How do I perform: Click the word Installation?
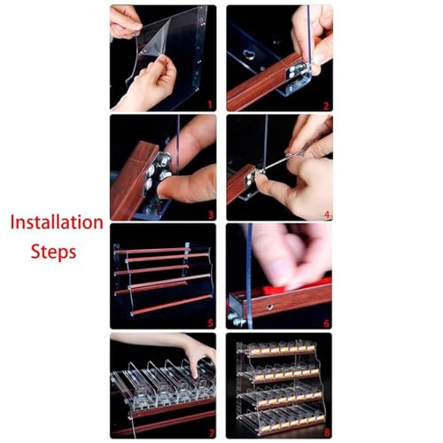[x=57, y=222]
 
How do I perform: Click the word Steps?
[x=54, y=252]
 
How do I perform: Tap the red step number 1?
[x=210, y=105]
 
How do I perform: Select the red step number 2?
[x=326, y=105]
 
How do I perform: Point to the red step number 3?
[x=210, y=214]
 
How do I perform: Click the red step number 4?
[x=327, y=214]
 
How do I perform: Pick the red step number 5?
[x=210, y=323]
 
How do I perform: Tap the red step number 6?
[x=326, y=323]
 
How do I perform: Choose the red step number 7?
[x=211, y=433]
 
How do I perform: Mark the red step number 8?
[x=326, y=433]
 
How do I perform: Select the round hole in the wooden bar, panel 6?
[x=269, y=307]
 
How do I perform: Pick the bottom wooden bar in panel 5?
[x=171, y=304]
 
